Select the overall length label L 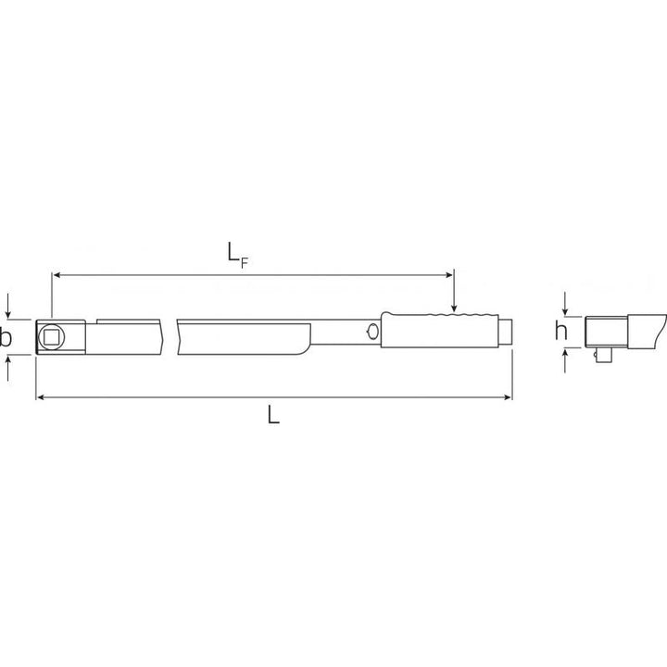pos(272,416)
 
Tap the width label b pos(6,338)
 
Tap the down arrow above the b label pos(8,310)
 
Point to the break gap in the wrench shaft pos(170,334)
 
